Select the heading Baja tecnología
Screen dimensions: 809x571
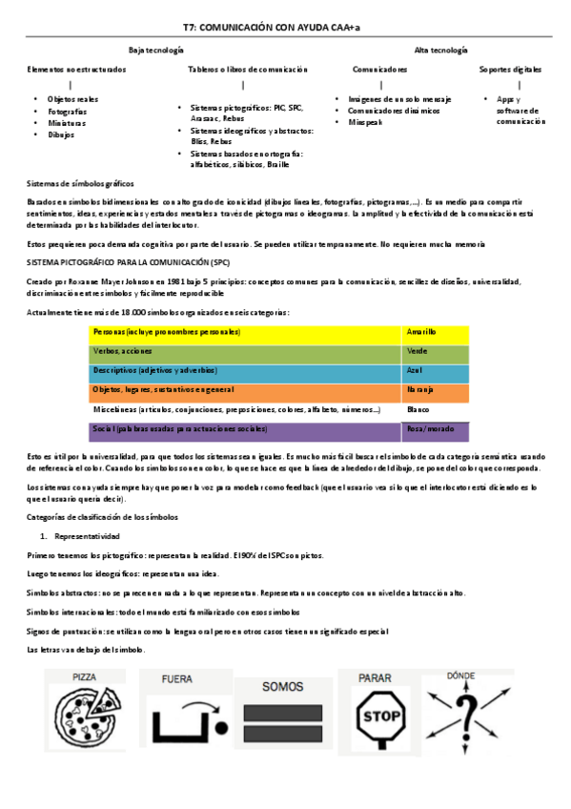coord(155,50)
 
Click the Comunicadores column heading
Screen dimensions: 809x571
coord(379,70)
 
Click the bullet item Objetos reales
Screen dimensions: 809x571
coord(73,99)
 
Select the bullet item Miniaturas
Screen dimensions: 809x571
coord(67,123)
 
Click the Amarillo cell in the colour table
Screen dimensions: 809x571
coord(421,332)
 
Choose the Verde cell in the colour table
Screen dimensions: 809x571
coord(417,351)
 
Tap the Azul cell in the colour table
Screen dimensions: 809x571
coord(415,370)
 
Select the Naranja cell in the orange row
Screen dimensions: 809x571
coord(419,390)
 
